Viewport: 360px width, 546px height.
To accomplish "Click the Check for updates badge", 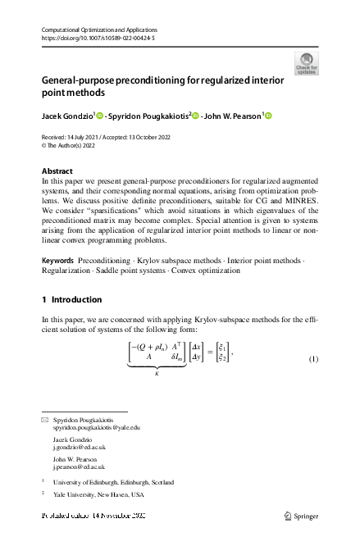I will tap(307, 62).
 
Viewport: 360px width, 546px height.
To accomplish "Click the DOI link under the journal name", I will tap(98, 39).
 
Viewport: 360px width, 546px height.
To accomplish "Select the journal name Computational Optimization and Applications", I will tap(97, 30).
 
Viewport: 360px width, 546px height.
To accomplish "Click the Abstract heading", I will tap(57, 171).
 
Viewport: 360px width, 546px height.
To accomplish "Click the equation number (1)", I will tap(312, 338).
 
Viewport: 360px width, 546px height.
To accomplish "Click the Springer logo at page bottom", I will tap(299, 516).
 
